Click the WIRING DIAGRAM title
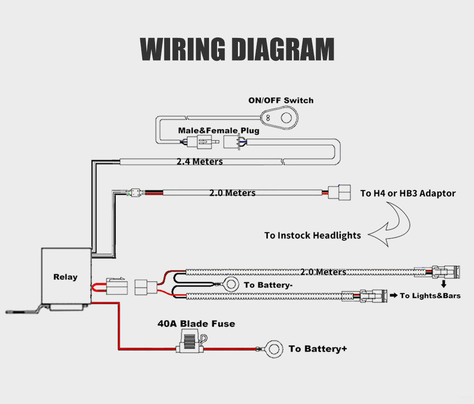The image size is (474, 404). click(x=237, y=49)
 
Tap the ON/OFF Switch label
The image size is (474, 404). click(x=281, y=101)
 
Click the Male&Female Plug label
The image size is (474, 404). click(x=219, y=130)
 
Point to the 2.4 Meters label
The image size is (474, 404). click(x=200, y=162)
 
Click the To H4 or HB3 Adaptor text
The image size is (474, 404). click(x=408, y=193)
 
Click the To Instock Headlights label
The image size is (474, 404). click(x=312, y=235)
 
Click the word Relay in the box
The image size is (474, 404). click(x=65, y=277)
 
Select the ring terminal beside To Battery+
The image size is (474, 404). click(x=272, y=349)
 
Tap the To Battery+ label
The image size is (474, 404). click(x=318, y=349)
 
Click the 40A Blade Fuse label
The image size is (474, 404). click(x=196, y=324)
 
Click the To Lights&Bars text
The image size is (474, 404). click(x=430, y=296)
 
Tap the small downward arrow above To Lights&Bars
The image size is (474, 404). click(x=444, y=284)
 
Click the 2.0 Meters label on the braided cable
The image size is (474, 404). click(x=323, y=272)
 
